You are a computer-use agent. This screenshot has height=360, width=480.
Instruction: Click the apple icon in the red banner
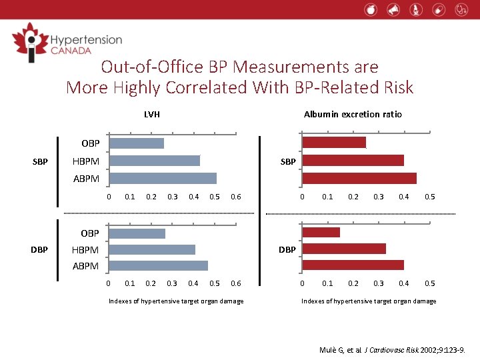click(x=371, y=9)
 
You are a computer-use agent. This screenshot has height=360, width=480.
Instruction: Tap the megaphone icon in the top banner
click(x=393, y=9)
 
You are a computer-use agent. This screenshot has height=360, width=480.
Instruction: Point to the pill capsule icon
click(x=438, y=9)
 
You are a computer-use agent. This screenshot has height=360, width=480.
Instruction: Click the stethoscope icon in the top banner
click(x=461, y=9)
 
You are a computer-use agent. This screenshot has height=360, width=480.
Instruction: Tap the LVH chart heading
click(x=151, y=115)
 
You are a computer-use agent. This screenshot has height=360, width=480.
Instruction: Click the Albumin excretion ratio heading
click(x=353, y=115)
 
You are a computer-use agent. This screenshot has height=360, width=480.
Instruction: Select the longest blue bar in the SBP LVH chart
click(x=163, y=178)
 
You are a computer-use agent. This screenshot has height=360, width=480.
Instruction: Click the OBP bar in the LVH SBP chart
click(x=137, y=143)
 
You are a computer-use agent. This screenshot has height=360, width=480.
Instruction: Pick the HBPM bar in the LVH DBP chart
click(x=152, y=249)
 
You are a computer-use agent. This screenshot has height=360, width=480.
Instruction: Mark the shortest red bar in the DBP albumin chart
click(x=321, y=232)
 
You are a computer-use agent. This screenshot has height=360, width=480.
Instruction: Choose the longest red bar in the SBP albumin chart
click(x=359, y=178)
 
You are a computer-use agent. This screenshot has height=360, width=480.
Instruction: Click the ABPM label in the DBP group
click(x=85, y=266)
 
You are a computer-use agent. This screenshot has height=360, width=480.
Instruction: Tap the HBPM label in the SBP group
click(x=85, y=161)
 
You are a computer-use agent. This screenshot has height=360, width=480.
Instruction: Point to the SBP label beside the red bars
click(x=288, y=161)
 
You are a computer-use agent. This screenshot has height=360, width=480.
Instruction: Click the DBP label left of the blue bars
click(x=39, y=250)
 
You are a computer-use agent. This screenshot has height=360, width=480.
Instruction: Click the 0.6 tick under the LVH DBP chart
click(x=235, y=283)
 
